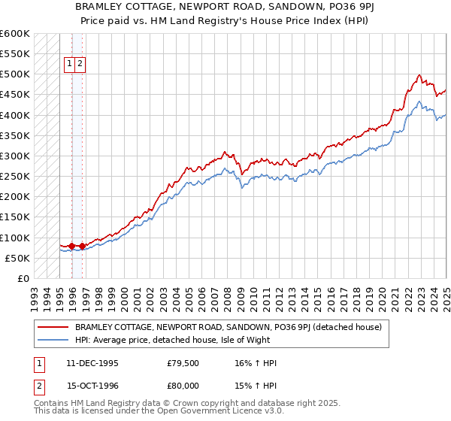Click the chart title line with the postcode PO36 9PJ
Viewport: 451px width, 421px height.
coord(225,7)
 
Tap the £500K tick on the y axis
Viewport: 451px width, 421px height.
coord(15,74)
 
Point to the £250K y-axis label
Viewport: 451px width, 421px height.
coord(15,177)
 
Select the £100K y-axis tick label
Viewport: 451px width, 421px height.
coord(15,238)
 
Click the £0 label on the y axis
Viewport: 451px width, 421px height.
coord(23,278)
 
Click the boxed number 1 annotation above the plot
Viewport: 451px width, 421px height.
coord(68,65)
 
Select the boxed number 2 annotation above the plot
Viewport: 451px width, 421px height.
coord(80,65)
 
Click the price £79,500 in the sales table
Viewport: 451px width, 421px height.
coord(183,363)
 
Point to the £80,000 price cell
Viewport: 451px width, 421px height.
coord(183,389)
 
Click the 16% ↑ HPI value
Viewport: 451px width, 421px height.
coord(256,363)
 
